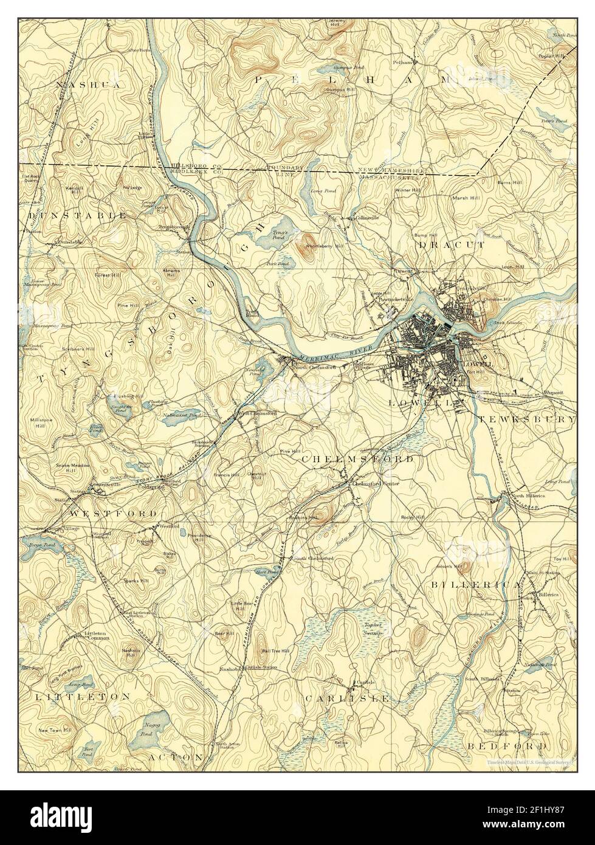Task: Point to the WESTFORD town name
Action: pos(114,514)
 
